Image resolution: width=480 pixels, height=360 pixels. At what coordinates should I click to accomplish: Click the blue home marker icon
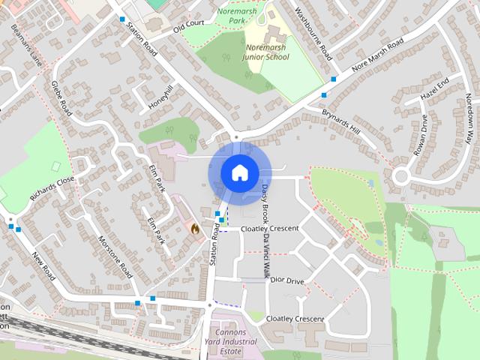click(238, 172)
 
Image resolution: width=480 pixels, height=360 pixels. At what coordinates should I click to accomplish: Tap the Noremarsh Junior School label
click(267, 52)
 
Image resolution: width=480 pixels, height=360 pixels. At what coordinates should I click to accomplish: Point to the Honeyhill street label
click(160, 97)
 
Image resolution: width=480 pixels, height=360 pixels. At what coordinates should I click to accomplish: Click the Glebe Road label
click(61, 98)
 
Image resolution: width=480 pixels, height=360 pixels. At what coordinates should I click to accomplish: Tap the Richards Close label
click(52, 190)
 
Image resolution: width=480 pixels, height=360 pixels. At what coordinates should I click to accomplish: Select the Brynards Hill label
click(341, 120)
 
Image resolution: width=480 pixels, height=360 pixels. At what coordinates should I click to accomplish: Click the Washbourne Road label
click(314, 34)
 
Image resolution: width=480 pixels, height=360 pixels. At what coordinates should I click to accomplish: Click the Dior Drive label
click(287, 280)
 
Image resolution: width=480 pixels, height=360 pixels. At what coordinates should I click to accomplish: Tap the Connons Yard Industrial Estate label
click(235, 341)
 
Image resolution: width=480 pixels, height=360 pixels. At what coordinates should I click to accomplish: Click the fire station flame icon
click(196, 229)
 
